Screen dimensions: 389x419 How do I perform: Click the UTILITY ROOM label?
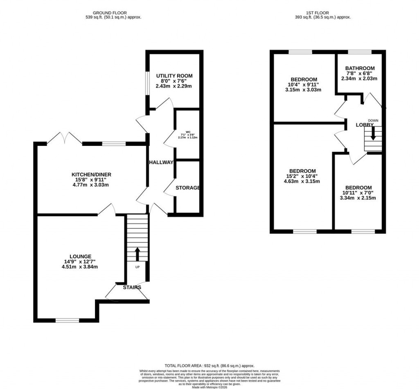pyautogui.click(x=174, y=76)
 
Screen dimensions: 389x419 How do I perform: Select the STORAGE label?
pyautogui.click(x=188, y=188)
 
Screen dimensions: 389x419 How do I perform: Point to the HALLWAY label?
pyautogui.click(x=161, y=162)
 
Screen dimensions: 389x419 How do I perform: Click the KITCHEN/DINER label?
pyautogui.click(x=91, y=174)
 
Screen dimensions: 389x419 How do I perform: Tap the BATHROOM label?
pyautogui.click(x=360, y=68)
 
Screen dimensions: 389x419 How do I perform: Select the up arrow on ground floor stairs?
pyautogui.click(x=137, y=253)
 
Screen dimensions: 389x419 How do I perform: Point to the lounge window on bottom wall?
pyautogui.click(x=68, y=320)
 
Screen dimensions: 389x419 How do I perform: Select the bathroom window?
pyautogui.click(x=360, y=52)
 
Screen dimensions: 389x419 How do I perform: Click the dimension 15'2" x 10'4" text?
pyautogui.click(x=302, y=176)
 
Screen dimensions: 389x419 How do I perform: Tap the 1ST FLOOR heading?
pyautogui.click(x=323, y=12)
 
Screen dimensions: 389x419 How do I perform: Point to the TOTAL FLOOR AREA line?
pyautogui.click(x=209, y=366)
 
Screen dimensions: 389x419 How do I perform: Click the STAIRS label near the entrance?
pyautogui.click(x=132, y=287)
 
